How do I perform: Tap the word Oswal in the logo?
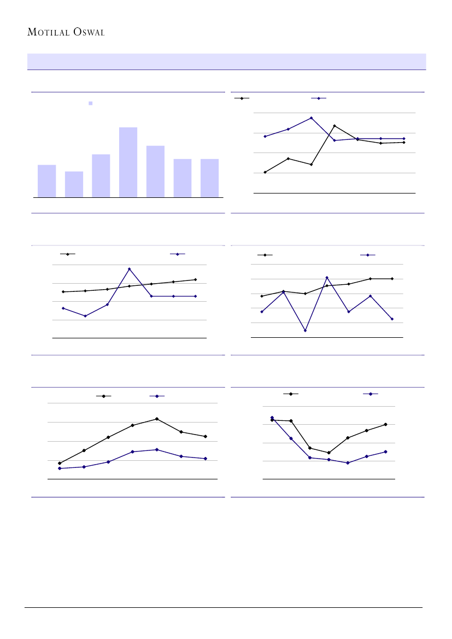click(x=87, y=32)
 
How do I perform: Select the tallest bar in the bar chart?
click(x=128, y=162)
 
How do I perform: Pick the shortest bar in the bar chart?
click(x=74, y=184)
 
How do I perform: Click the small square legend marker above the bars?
click(x=91, y=103)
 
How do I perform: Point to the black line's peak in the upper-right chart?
click(x=334, y=126)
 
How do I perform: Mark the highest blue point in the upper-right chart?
click(x=311, y=118)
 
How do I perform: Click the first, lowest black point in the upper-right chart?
click(x=265, y=172)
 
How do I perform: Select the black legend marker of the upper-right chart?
click(x=242, y=98)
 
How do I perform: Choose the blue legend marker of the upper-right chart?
click(x=319, y=98)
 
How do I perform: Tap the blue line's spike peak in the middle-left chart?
click(x=129, y=269)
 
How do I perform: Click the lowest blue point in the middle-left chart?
click(x=85, y=316)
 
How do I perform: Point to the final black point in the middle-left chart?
click(x=195, y=279)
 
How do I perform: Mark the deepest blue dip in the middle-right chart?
click(x=305, y=331)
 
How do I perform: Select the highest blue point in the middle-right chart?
click(x=327, y=278)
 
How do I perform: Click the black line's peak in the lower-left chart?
click(x=157, y=419)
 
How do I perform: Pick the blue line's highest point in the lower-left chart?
click(x=157, y=449)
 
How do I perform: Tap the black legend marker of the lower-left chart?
click(x=104, y=396)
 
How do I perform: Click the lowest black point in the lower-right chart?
click(x=328, y=453)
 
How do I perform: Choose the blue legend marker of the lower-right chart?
click(x=371, y=394)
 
